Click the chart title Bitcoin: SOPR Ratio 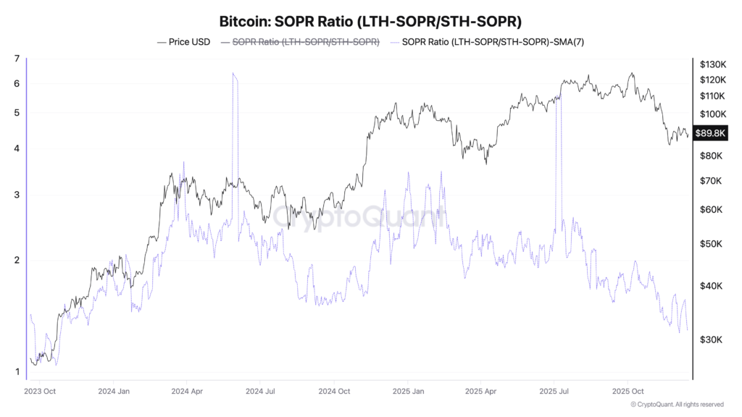[370, 22]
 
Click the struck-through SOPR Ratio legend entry [305, 42]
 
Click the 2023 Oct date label [41, 391]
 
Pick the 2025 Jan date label [407, 391]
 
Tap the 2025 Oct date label [628, 391]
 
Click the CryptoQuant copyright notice [677, 404]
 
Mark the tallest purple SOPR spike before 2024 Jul [234, 75]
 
